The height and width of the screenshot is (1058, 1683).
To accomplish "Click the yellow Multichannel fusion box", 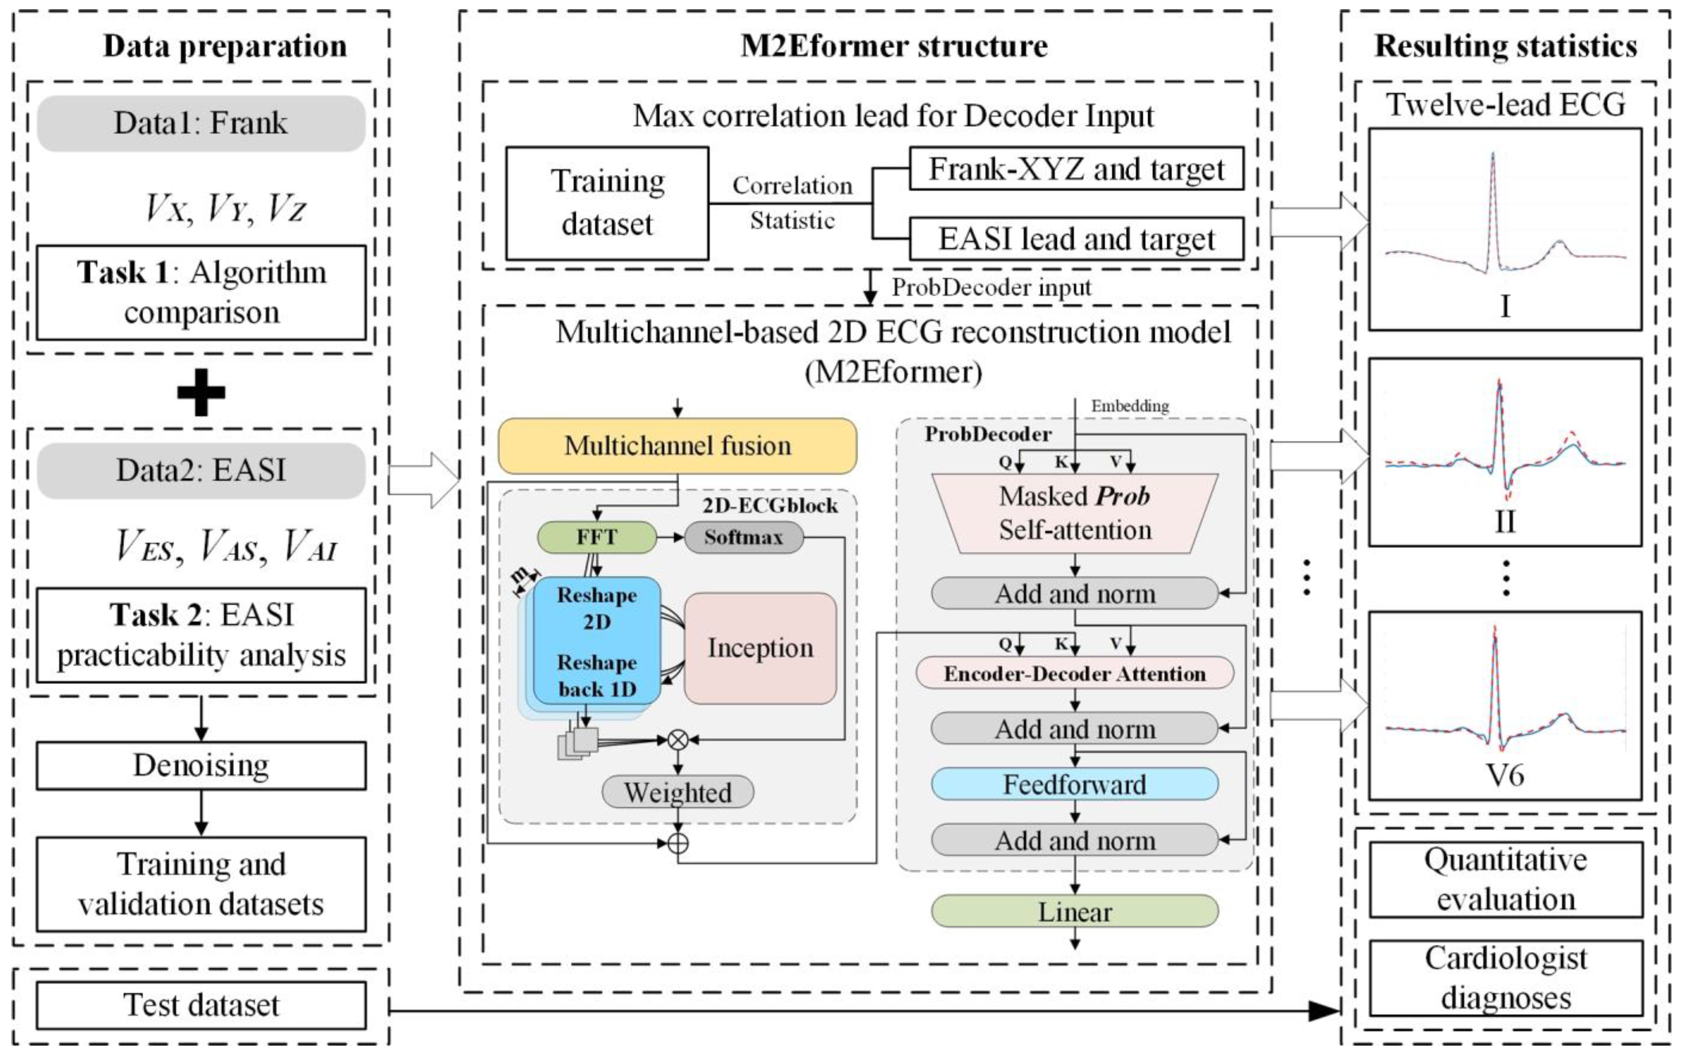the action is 677,446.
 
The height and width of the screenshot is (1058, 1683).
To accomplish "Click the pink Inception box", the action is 761,648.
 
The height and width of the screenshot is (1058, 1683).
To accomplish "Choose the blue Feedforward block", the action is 1075,784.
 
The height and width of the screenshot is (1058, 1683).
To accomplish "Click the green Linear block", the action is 1075,911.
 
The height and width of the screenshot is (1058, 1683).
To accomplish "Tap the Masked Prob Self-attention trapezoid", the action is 1075,513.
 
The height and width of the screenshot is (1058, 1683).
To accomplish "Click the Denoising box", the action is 201,765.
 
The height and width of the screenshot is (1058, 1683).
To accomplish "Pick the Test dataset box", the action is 201,1005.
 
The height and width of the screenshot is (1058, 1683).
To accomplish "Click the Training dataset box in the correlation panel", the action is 608,203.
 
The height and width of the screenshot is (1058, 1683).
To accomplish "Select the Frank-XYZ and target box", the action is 1076,169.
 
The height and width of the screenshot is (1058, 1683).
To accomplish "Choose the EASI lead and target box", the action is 1076,238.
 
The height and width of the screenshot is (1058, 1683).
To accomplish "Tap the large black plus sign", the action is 201,392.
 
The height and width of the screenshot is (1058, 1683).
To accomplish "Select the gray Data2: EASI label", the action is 201,470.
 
